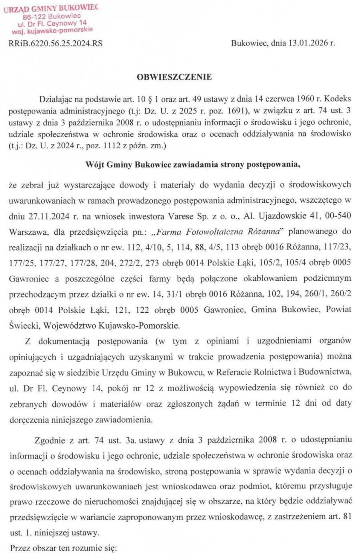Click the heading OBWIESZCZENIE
tap(174, 77)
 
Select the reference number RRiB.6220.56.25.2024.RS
tap(55, 43)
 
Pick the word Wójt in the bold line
tap(95, 164)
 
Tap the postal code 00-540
tap(339, 216)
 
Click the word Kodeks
tap(338, 99)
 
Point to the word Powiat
tap(339, 309)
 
